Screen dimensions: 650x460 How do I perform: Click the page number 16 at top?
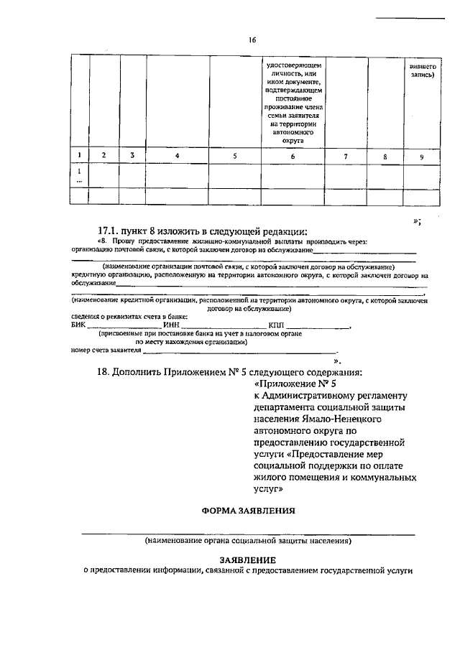(x=252, y=40)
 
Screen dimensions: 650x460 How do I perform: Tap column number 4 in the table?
(x=178, y=156)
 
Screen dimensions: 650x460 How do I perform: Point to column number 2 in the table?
(x=104, y=156)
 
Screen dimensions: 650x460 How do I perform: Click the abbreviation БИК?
(x=78, y=325)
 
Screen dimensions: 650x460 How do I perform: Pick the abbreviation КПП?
(x=277, y=325)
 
